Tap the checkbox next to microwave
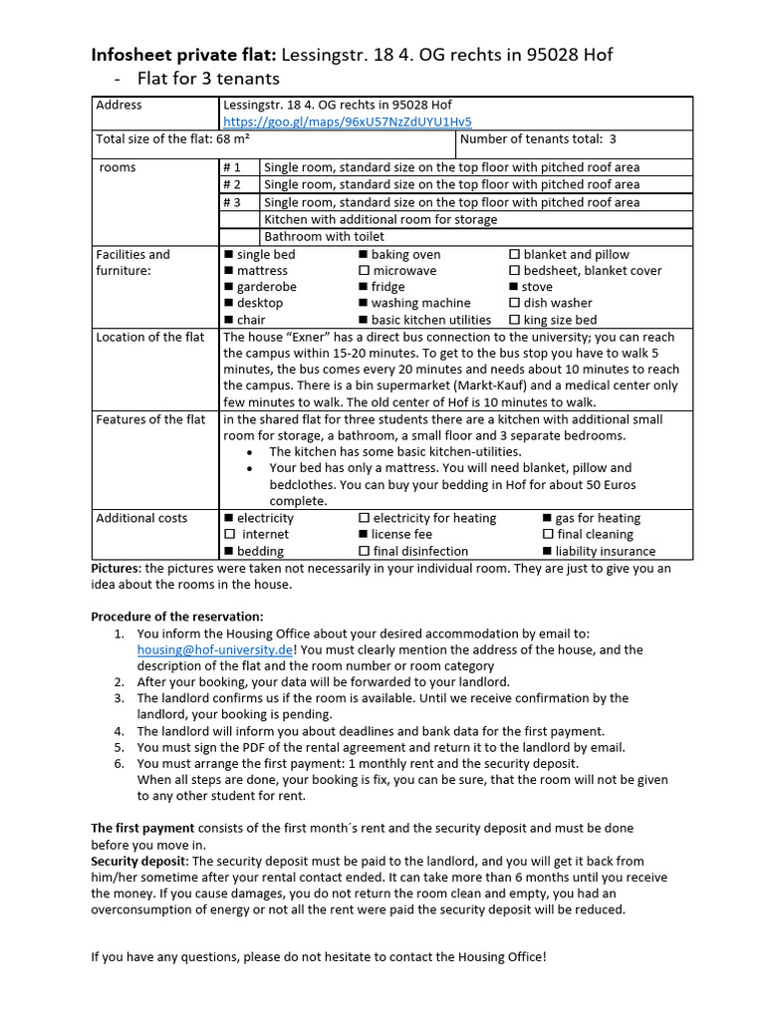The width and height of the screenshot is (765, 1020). click(x=365, y=271)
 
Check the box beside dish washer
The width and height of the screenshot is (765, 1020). click(x=514, y=304)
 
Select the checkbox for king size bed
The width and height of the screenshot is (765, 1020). click(x=514, y=321)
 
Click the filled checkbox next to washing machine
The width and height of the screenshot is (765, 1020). click(x=365, y=304)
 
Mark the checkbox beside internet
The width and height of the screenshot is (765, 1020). click(x=229, y=535)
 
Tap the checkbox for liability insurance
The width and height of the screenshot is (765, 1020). click(x=547, y=552)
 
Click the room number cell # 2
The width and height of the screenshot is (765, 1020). click(x=232, y=184)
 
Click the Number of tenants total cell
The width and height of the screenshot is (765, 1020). click(x=538, y=139)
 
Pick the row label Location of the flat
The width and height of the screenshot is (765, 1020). click(x=150, y=338)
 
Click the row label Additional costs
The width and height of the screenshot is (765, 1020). click(x=141, y=518)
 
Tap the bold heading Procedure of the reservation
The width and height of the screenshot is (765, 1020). click(x=177, y=617)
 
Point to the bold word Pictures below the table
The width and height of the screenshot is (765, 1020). click(x=118, y=569)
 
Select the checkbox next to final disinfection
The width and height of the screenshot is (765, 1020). click(x=365, y=552)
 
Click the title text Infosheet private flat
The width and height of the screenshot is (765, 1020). click(x=182, y=56)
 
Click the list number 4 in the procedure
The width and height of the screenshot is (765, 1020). click(x=119, y=731)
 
